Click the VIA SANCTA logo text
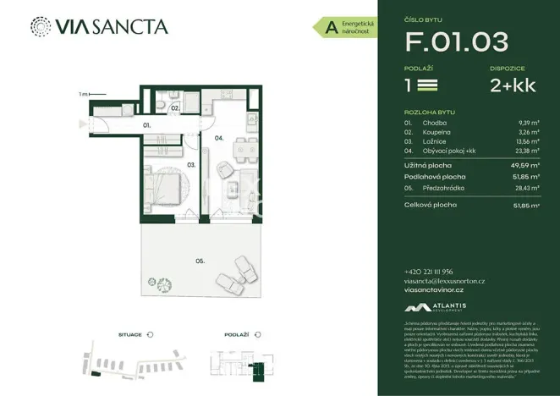pos(112,26)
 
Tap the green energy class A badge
pos(331,28)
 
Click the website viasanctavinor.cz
pos(440,289)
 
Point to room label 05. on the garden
pos(200,261)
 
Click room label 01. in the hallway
pos(146,125)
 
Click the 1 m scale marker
pos(83,94)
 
